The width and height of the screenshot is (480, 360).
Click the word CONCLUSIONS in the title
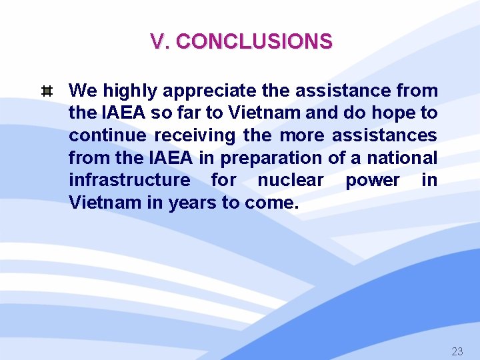coord(254,42)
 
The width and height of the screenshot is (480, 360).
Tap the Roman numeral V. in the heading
coord(160,42)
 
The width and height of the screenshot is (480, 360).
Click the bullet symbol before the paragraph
coord(47,91)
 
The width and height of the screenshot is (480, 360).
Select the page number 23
coord(457,351)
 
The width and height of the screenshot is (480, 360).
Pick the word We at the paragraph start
coord(83,91)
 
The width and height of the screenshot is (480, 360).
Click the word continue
coord(107,135)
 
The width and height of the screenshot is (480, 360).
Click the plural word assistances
coord(385,135)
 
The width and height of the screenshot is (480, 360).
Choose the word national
coord(403,158)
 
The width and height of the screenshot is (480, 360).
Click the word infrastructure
coord(129,180)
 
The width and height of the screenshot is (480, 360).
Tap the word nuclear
coord(291,180)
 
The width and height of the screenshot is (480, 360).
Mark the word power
coord(372,180)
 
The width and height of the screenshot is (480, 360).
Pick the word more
coord(302,135)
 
